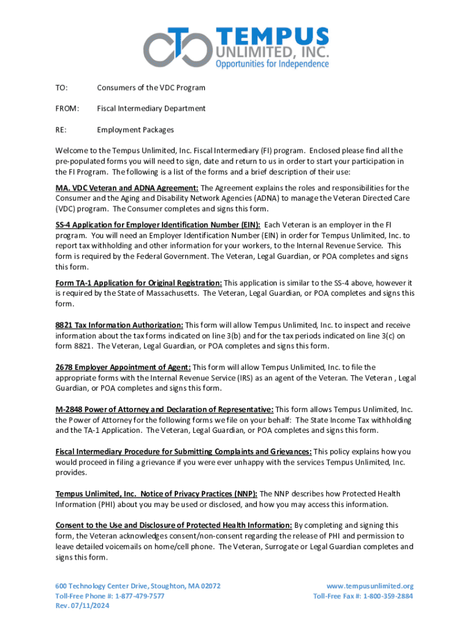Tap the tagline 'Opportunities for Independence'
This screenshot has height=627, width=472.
click(272, 64)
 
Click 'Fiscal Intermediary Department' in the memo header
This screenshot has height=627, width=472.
click(151, 108)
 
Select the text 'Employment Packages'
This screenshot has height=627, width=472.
click(135, 130)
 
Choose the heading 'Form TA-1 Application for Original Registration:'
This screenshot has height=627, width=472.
click(139, 283)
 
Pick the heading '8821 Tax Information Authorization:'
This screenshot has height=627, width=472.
click(120, 325)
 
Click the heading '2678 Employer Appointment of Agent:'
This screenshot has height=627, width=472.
click(123, 367)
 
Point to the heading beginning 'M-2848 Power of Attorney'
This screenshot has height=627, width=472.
click(164, 409)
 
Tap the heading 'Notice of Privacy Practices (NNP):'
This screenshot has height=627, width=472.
click(158, 494)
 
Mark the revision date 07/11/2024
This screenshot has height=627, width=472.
click(92, 606)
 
